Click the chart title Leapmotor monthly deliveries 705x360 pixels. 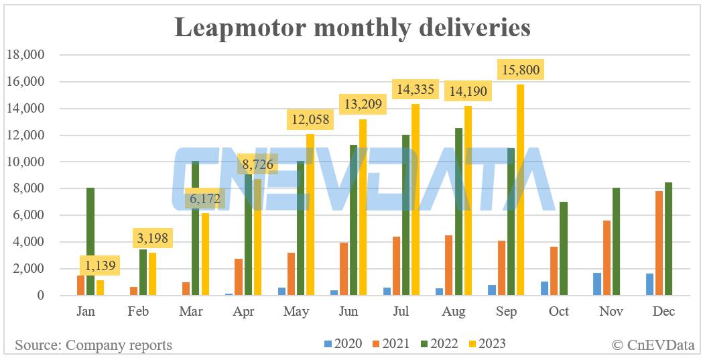coord(352,27)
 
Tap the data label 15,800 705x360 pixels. coord(518,69)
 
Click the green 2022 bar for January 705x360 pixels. coord(90,241)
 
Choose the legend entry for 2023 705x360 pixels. coord(483,345)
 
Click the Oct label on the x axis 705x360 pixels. coord(558,312)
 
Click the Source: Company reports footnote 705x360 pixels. coord(93,345)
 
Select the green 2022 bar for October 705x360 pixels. coord(563,249)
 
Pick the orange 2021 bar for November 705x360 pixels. coord(606,258)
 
